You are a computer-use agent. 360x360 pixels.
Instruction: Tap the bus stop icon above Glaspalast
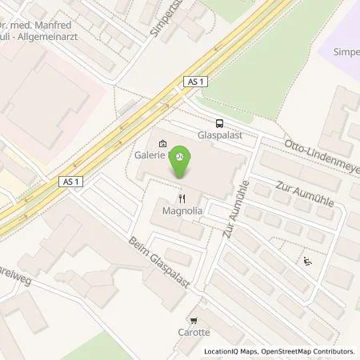click(x=218, y=124)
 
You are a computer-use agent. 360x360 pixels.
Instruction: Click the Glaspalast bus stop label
click(x=218, y=136)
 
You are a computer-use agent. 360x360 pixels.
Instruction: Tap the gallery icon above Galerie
click(x=163, y=145)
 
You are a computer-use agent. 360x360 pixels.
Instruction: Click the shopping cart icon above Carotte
click(x=194, y=318)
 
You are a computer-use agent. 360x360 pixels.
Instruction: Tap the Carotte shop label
click(x=194, y=331)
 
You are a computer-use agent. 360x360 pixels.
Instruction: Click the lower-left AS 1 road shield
click(x=71, y=182)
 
